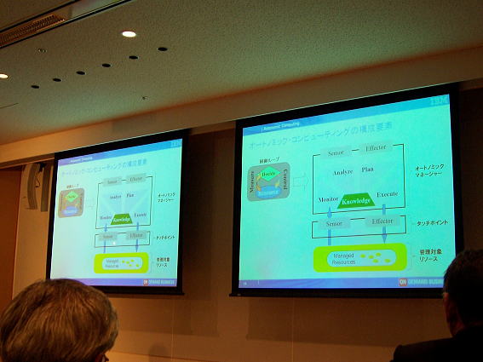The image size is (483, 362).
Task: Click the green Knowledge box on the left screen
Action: point(121,219)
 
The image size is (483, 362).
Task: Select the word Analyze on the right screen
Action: point(342,170)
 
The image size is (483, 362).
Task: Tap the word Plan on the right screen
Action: point(368,170)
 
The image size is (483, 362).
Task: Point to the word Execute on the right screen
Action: point(387,195)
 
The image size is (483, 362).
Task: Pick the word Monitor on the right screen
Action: point(329,198)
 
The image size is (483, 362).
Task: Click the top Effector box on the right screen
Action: point(376,148)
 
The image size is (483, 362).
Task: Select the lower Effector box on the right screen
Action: point(382,221)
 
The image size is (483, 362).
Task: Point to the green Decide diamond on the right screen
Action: point(269,174)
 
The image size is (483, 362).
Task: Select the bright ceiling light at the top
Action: point(129,34)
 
